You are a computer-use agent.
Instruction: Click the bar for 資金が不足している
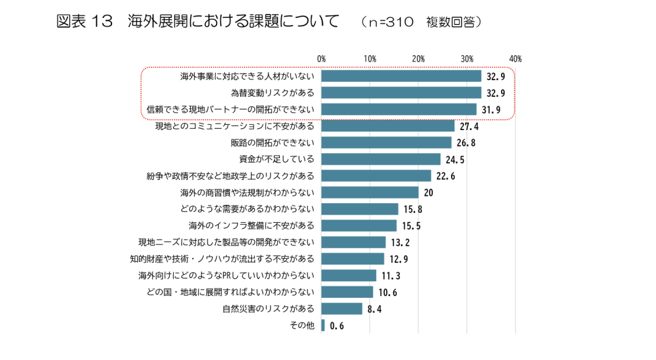[381, 159]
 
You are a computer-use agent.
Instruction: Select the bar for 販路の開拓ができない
[386, 142]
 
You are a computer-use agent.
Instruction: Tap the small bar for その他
[323, 325]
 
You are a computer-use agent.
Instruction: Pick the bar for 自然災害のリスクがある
[341, 309]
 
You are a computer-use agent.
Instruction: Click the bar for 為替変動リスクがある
[401, 92]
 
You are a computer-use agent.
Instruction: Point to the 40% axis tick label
[515, 59]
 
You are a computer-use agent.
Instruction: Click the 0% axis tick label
[322, 59]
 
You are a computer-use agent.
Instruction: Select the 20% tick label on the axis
[418, 59]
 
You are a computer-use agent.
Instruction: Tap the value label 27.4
[469, 126]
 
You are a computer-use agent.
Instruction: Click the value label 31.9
[491, 110]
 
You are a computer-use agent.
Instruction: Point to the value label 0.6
[337, 326]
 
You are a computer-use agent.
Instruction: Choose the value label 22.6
[445, 176]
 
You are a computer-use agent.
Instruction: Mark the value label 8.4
[375, 309]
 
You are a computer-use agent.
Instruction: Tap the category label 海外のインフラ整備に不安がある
[252, 225]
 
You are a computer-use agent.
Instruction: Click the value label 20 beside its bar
[429, 193]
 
